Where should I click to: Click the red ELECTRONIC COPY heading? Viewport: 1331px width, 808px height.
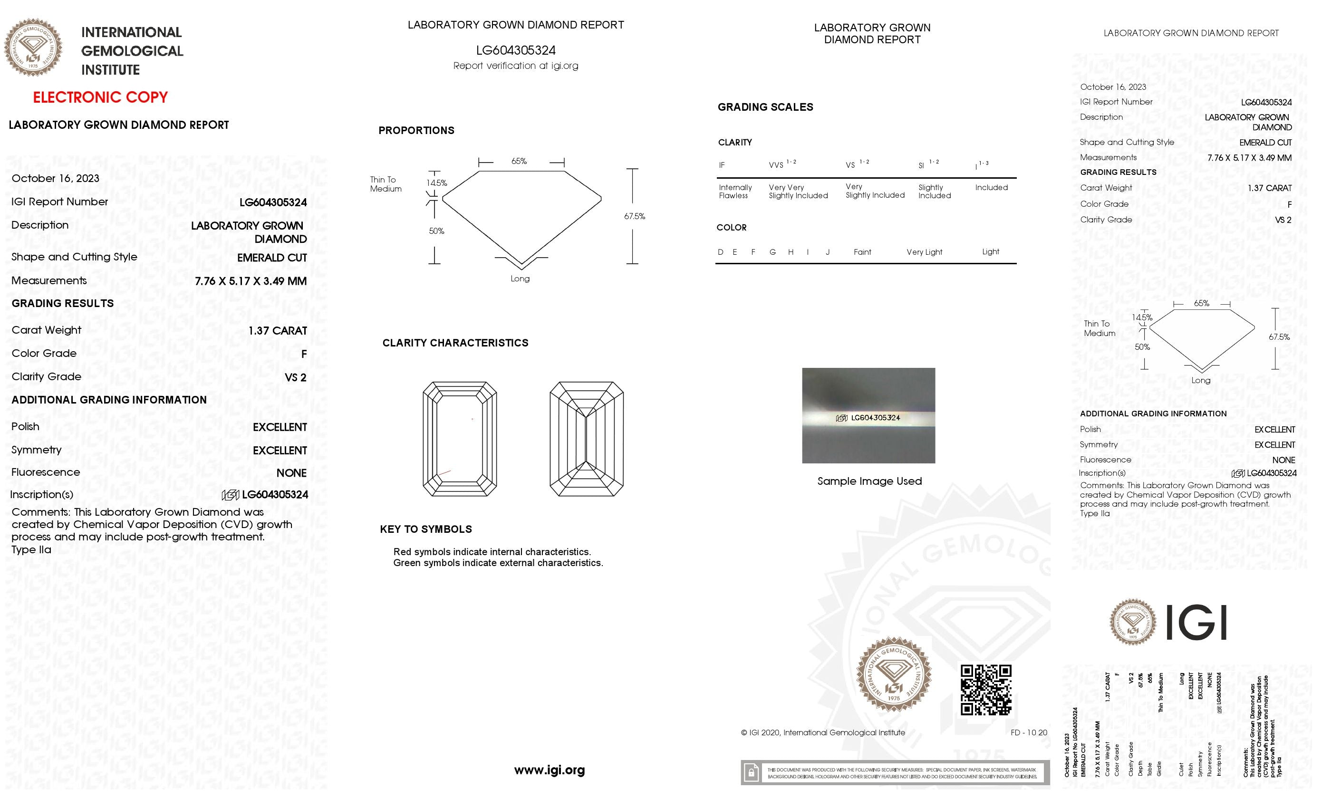pyautogui.click(x=100, y=97)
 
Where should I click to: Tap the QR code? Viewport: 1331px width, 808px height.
pyautogui.click(x=985, y=690)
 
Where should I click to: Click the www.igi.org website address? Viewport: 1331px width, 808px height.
pyautogui.click(x=550, y=770)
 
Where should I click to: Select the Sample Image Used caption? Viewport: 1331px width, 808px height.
pyautogui.click(x=869, y=481)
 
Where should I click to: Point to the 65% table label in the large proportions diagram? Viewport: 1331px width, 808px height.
pyautogui.click(x=519, y=162)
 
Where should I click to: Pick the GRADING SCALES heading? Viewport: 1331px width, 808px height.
pyautogui.click(x=765, y=107)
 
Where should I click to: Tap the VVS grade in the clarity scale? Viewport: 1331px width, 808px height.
pyautogui.click(x=776, y=165)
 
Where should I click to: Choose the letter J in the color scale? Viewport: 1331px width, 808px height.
pyautogui.click(x=827, y=252)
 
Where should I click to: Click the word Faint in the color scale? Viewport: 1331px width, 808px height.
pyautogui.click(x=862, y=252)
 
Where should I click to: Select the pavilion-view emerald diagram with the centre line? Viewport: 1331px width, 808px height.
pyautogui.click(x=586, y=439)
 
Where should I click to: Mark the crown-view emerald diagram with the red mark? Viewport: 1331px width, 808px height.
pyautogui.click(x=460, y=439)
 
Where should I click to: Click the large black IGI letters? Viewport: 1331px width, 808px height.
pyautogui.click(x=1196, y=622)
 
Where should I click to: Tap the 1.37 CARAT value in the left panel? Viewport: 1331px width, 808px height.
pyautogui.click(x=278, y=330)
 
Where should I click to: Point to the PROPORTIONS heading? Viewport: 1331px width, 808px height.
pyautogui.click(x=416, y=131)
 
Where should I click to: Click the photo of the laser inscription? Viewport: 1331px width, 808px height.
pyautogui.click(x=868, y=415)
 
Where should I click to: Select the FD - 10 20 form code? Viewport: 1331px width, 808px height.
pyautogui.click(x=1029, y=732)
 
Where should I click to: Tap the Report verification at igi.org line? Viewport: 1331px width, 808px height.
pyautogui.click(x=515, y=66)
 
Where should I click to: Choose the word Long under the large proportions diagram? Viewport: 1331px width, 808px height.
pyautogui.click(x=520, y=279)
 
